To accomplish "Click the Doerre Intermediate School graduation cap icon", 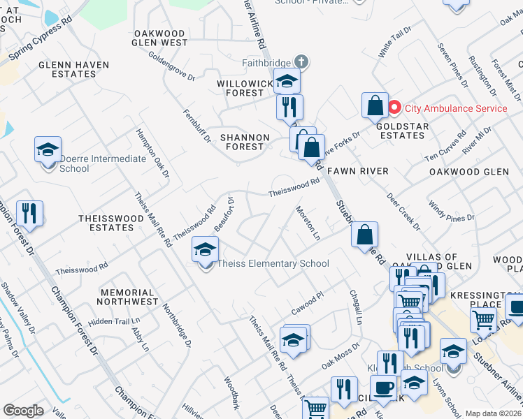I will click(x=48, y=150).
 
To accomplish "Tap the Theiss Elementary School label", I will click(x=273, y=263).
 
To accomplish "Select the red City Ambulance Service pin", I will click(x=394, y=108).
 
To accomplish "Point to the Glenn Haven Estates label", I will click(x=73, y=69).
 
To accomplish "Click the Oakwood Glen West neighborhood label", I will click(x=160, y=38).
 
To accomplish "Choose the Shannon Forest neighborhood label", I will click(x=245, y=142).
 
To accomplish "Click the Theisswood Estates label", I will click(x=111, y=223).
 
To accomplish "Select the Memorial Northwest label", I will click(x=127, y=297).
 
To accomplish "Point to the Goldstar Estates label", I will click(x=402, y=131).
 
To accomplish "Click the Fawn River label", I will click(x=358, y=170).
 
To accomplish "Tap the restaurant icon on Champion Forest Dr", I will click(x=29, y=213).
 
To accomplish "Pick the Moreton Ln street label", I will click(x=308, y=223).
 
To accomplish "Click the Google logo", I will click(x=24, y=411).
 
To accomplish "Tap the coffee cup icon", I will click(x=382, y=388).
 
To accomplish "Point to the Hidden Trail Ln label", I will click(x=110, y=321).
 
